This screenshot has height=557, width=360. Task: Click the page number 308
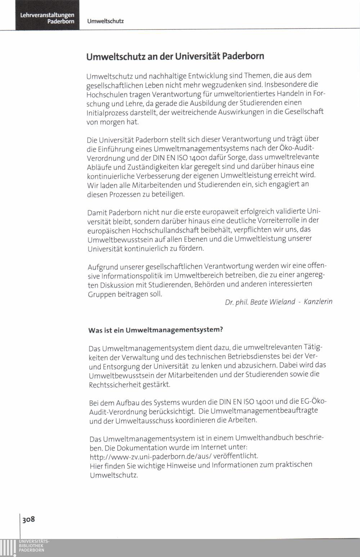[28, 519]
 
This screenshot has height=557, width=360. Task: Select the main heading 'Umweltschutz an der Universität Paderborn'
[175, 57]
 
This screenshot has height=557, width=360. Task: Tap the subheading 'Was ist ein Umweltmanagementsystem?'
[156, 330]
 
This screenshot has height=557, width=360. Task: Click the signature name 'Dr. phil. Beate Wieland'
[260, 302]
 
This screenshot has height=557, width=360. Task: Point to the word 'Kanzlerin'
[318, 302]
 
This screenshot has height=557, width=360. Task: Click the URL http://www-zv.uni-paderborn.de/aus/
[150, 456]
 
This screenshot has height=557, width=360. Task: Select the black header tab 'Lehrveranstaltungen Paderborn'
[47, 18]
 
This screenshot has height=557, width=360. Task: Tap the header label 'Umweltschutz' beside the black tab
[105, 21]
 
